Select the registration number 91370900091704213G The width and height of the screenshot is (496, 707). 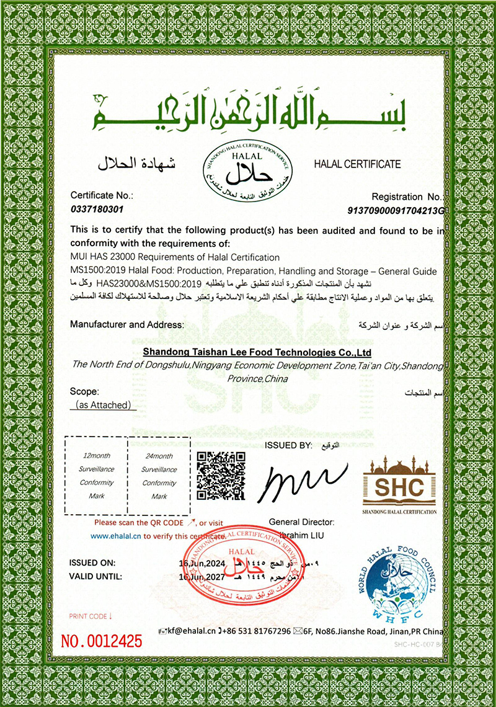396,211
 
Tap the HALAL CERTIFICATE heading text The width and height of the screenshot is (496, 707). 357,164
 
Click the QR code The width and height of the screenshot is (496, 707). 221,476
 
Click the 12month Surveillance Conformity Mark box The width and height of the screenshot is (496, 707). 96,474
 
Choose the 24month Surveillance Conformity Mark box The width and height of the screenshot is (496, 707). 159,474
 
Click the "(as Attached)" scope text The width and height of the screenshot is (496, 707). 102,405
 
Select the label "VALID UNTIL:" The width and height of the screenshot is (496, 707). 95,576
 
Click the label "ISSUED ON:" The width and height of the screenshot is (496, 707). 93,562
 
